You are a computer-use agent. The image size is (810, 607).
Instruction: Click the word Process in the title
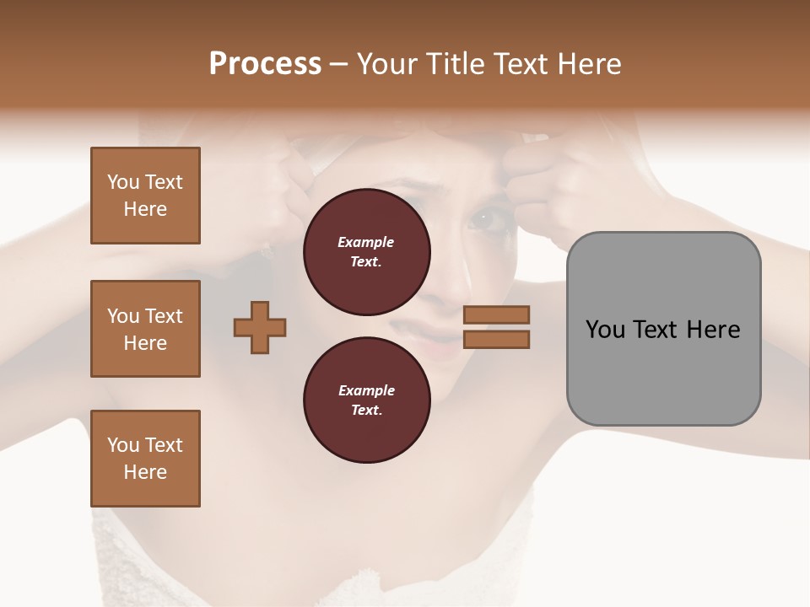pos(265,64)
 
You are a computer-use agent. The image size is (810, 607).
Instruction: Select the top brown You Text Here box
pos(145,196)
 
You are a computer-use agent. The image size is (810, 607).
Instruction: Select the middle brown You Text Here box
pos(145,329)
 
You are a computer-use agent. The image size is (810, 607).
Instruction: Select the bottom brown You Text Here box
pos(145,459)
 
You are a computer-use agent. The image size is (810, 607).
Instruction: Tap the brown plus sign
pos(260,327)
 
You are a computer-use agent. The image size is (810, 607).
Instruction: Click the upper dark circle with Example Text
pos(366,252)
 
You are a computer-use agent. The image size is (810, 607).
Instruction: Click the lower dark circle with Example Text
pos(366,400)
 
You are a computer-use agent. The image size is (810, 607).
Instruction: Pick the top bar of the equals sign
pos(496,314)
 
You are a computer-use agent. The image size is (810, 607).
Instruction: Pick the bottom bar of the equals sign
pos(496,339)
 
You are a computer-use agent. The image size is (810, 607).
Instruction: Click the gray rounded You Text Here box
pos(663,329)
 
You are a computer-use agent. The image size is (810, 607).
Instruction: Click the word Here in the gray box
pos(713,330)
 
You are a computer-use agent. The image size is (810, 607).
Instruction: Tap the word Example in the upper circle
pos(366,242)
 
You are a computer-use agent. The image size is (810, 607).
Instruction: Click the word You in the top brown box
pos(123,182)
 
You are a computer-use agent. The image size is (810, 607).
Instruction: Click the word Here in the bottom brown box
pos(145,472)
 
